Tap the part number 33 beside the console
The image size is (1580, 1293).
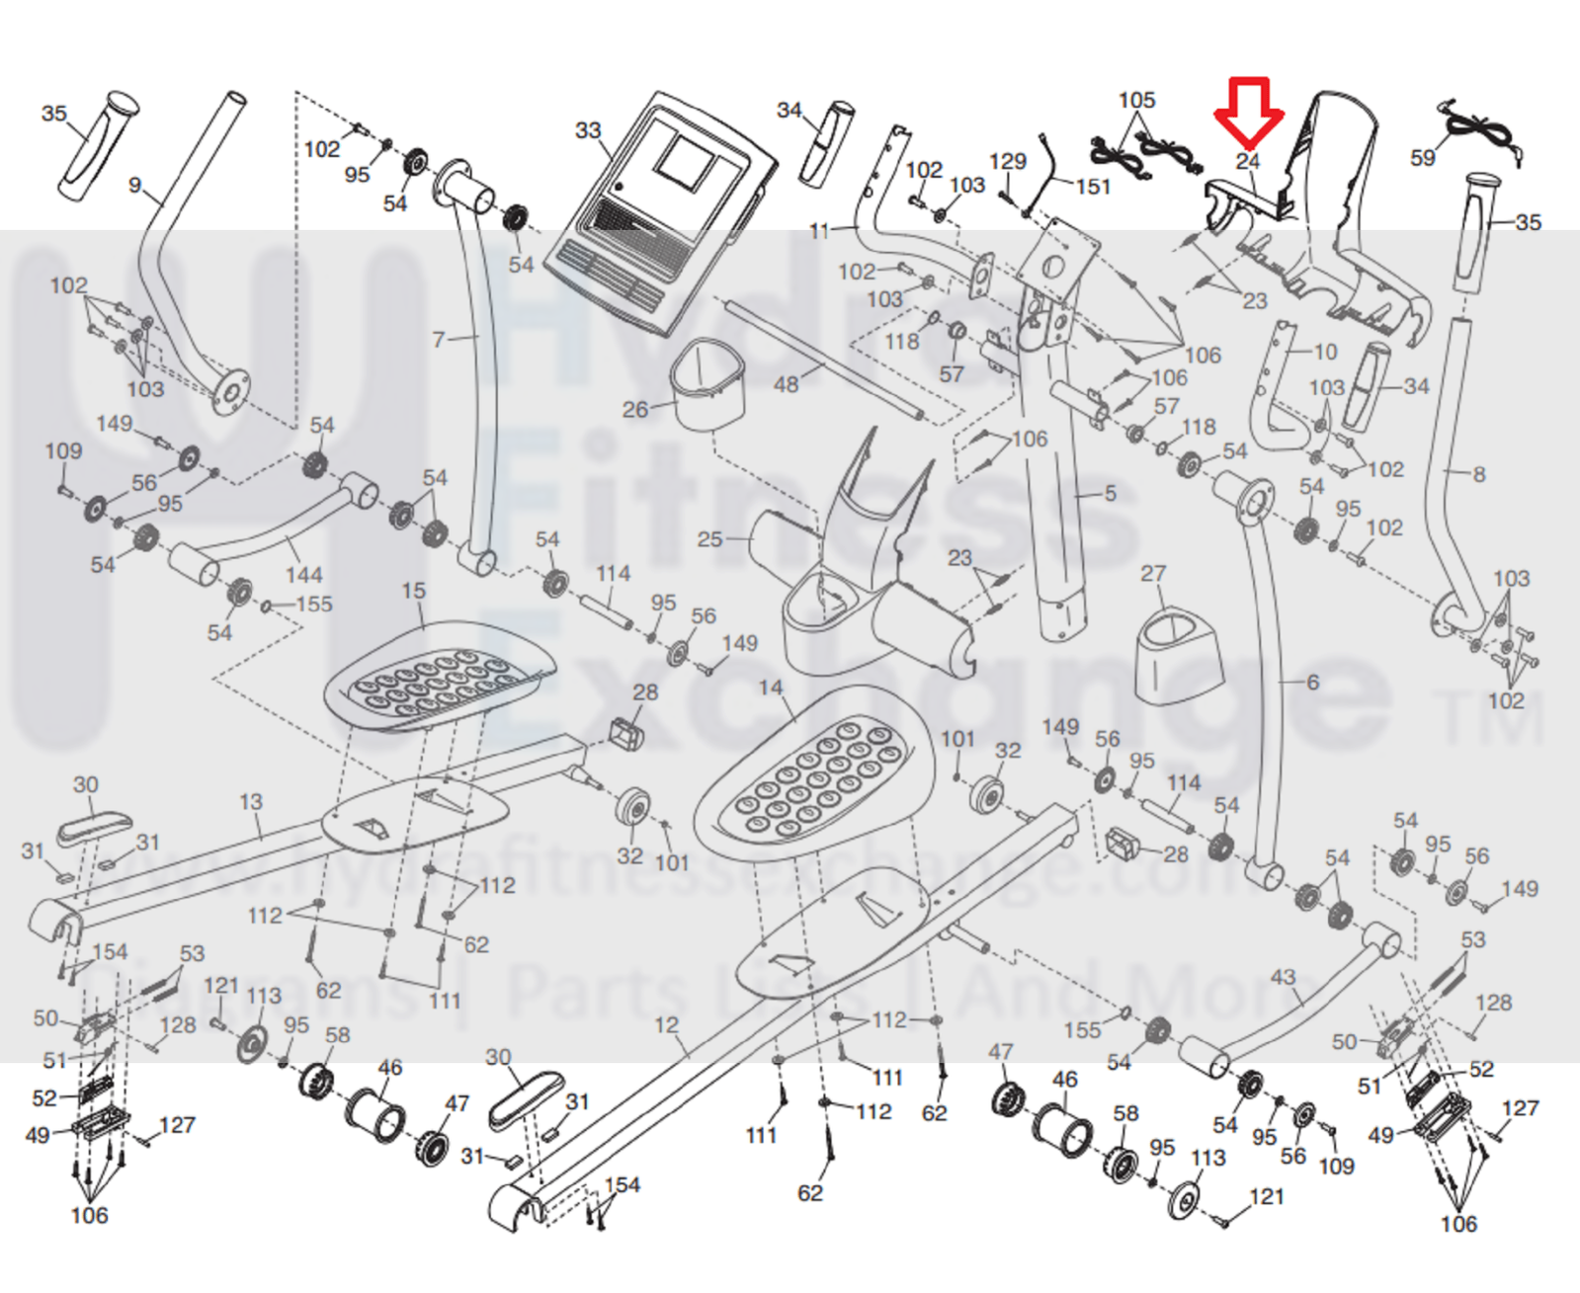click(x=588, y=130)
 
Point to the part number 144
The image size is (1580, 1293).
click(x=303, y=574)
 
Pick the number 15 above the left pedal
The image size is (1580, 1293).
click(x=413, y=591)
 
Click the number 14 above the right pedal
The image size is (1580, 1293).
click(x=771, y=687)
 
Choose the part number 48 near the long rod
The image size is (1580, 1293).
click(x=786, y=384)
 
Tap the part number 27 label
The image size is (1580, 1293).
click(x=1153, y=574)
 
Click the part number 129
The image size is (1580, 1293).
click(x=1007, y=161)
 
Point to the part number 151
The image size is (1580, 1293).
click(x=1093, y=186)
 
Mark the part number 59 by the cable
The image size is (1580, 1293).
click(x=1423, y=158)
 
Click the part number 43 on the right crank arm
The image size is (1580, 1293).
click(x=1283, y=977)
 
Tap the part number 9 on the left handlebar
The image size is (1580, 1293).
click(x=135, y=185)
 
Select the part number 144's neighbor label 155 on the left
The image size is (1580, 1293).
click(x=314, y=604)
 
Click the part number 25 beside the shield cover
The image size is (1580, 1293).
click(x=709, y=539)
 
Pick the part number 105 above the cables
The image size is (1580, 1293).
click(x=1136, y=100)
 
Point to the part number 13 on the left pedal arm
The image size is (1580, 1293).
click(x=251, y=802)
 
